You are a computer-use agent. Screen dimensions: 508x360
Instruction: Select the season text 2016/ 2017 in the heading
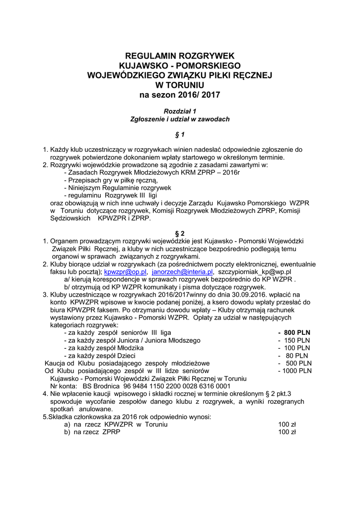(199, 94)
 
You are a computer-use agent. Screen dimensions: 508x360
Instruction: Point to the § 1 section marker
(180, 134)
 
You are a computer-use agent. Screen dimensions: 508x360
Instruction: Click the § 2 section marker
(180, 233)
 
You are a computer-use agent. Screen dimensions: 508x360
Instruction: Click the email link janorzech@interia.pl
(182, 272)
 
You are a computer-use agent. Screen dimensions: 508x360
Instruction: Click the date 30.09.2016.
(255, 294)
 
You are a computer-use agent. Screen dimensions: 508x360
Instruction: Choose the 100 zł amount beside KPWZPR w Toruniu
(287, 425)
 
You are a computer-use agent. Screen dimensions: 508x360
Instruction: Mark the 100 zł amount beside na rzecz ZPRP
(287, 432)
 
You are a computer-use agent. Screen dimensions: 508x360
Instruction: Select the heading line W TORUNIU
(180, 84)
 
